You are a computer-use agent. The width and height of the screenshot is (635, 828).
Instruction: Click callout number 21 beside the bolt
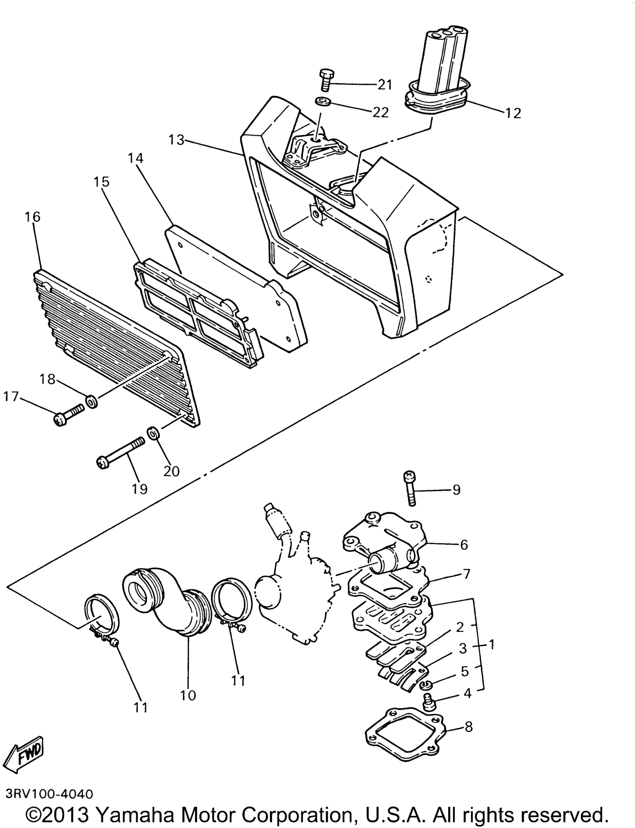pyautogui.click(x=385, y=85)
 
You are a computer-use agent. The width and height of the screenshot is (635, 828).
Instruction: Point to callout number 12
pyautogui.click(x=513, y=113)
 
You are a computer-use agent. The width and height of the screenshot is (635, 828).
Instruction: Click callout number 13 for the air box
pyautogui.click(x=176, y=140)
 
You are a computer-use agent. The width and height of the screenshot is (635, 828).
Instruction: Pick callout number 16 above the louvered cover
pyautogui.click(x=33, y=217)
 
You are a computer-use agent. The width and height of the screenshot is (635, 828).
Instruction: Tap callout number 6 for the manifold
pyautogui.click(x=464, y=545)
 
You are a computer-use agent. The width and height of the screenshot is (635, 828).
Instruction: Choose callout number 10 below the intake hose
pyautogui.click(x=188, y=695)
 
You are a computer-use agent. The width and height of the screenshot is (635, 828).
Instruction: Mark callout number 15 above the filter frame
pyautogui.click(x=102, y=181)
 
